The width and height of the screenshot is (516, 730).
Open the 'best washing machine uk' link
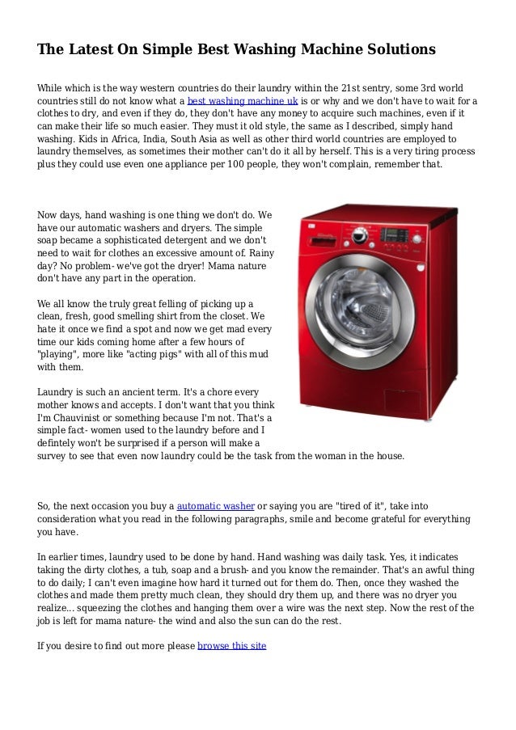243,101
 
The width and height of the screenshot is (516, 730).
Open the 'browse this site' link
231,647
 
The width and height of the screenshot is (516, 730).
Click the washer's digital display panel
395,234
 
